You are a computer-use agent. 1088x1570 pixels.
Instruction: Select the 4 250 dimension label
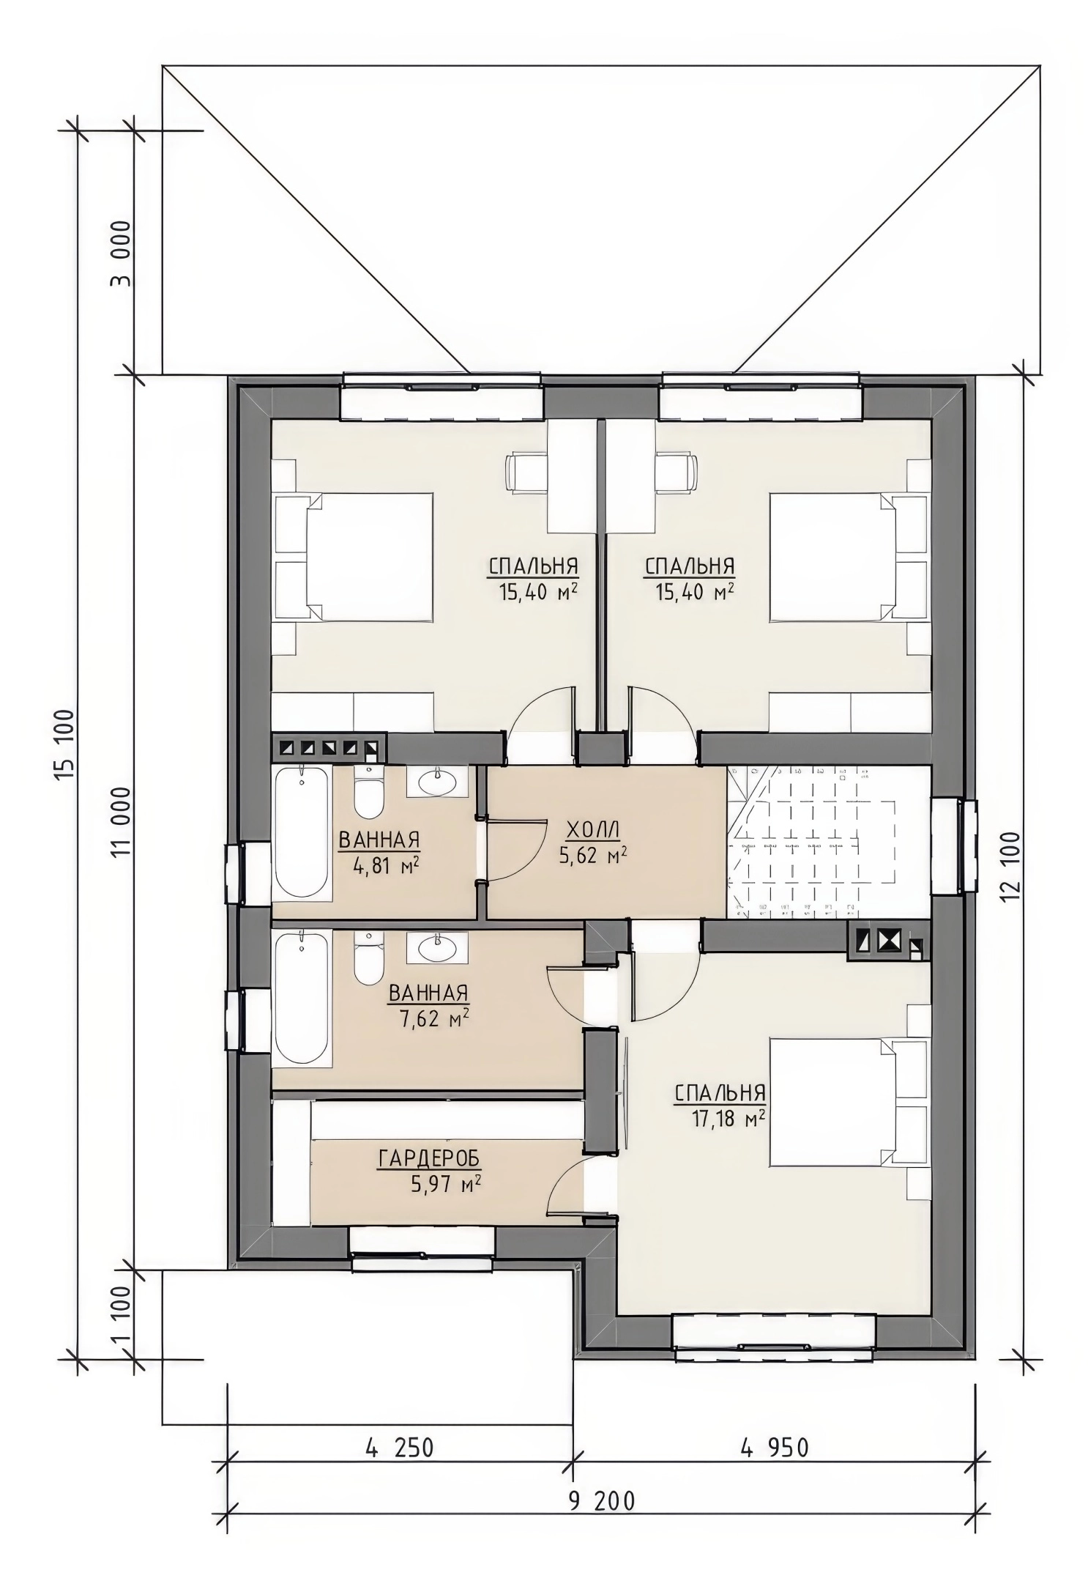399,1448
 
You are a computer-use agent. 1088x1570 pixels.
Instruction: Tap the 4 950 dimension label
775,1448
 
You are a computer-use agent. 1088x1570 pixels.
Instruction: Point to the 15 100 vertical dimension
65,744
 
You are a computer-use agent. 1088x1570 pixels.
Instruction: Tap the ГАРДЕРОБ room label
429,1158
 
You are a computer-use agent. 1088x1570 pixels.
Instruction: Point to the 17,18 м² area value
728,1118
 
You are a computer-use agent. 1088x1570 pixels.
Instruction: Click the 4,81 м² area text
386,867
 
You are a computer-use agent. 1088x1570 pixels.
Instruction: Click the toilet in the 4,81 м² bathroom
368,792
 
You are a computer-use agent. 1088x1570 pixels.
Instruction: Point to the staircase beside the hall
828,842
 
